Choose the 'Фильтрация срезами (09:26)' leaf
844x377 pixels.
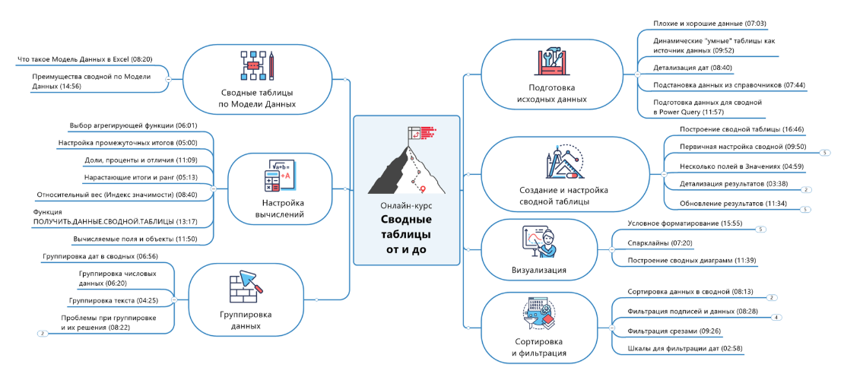click(x=674, y=331)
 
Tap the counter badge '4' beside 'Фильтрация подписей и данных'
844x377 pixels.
click(x=776, y=318)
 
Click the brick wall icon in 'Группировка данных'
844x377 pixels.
click(x=243, y=285)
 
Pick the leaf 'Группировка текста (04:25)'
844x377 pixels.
click(x=113, y=300)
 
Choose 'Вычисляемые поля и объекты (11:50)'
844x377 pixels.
click(x=135, y=239)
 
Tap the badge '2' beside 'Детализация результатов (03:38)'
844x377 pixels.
click(x=808, y=189)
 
